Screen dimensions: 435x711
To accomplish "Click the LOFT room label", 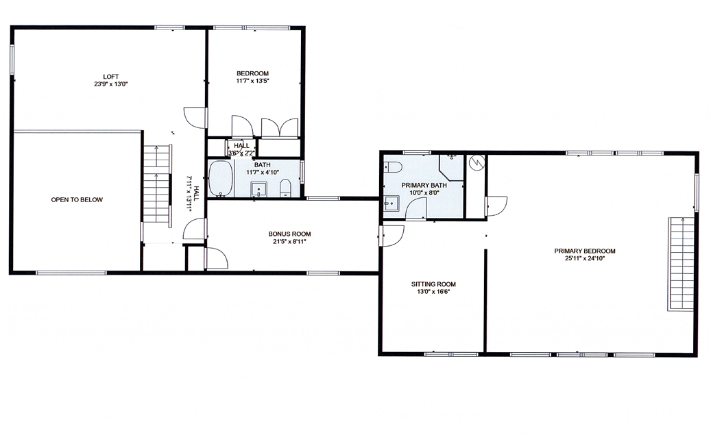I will [111, 76].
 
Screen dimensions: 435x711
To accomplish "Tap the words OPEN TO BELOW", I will [77, 200].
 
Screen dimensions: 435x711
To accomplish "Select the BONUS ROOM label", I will [289, 234].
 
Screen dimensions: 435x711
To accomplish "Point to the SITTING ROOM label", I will [433, 284].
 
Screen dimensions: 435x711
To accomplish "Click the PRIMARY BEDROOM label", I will [585, 251].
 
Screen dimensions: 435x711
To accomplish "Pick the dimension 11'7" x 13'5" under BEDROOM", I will [252, 81].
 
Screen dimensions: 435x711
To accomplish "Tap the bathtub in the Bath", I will [220, 179].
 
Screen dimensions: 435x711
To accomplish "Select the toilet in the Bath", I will [287, 188].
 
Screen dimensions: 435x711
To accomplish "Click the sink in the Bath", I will [258, 188].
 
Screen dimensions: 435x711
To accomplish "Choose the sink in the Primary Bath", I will [391, 203].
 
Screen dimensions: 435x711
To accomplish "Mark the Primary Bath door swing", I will [415, 209].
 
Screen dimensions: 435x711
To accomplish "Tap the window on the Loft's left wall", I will [11, 60].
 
